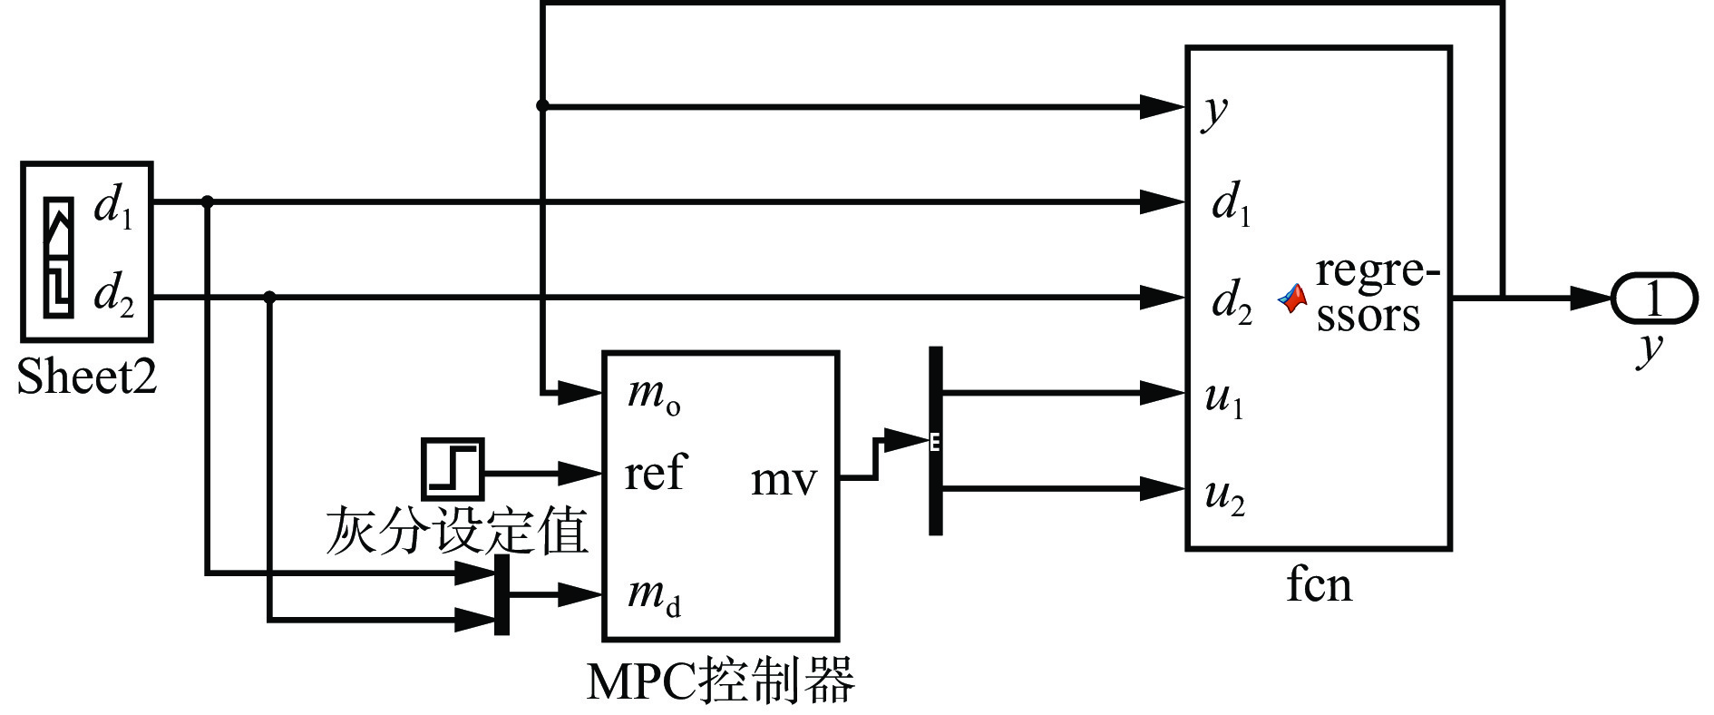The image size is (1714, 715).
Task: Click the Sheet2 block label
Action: click(x=87, y=376)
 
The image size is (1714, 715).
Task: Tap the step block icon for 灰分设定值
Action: click(x=452, y=468)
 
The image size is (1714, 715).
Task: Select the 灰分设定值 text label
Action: click(x=457, y=531)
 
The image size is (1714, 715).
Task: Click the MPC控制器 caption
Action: click(x=720, y=681)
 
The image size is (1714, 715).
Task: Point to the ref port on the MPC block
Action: click(x=655, y=473)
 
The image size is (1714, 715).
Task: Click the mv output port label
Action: click(x=784, y=479)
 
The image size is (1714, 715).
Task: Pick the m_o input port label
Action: click(x=653, y=396)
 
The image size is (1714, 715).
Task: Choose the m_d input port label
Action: click(x=653, y=595)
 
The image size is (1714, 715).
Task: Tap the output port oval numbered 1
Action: click(x=1653, y=298)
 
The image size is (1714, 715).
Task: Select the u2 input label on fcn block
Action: click(x=1224, y=495)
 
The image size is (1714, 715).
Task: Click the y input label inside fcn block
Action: click(x=1215, y=111)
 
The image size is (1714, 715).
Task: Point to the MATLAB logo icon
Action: click(x=1292, y=299)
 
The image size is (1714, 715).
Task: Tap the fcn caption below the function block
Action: click(x=1319, y=584)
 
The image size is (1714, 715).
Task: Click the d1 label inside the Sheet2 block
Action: click(x=113, y=208)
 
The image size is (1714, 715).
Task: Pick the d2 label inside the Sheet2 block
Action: click(x=113, y=296)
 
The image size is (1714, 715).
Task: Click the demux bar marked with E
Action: click(x=936, y=441)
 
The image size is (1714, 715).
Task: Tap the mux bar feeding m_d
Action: click(x=502, y=595)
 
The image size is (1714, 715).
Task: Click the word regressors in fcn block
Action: click(x=1376, y=292)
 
